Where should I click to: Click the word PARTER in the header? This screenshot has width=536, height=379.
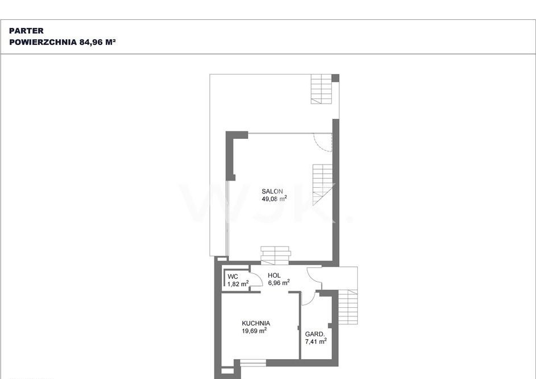click(26, 31)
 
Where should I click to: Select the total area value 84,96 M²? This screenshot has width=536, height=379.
click(97, 42)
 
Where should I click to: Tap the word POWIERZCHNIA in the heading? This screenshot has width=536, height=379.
click(43, 42)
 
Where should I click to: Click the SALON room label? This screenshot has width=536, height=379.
click(273, 191)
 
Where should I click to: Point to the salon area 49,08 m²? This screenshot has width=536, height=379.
click(274, 199)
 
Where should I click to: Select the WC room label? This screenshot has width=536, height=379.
click(233, 277)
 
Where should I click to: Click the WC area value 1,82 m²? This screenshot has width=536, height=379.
click(238, 283)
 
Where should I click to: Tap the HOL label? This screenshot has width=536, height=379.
click(274, 275)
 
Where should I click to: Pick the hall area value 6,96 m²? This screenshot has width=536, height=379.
click(279, 283)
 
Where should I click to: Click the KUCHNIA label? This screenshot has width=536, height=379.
click(256, 323)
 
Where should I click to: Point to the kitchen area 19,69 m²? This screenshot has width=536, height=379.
click(254, 331)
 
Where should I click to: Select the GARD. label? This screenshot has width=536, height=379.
click(315, 334)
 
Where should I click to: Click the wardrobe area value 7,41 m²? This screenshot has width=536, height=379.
click(316, 341)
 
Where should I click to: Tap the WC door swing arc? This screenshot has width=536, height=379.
click(259, 277)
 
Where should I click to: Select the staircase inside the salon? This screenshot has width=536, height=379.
click(323, 184)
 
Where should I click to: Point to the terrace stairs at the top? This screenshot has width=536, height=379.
click(321, 89)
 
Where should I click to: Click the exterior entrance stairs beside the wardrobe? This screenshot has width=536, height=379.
click(348, 307)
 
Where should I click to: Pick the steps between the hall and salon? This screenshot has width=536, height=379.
click(275, 256)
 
